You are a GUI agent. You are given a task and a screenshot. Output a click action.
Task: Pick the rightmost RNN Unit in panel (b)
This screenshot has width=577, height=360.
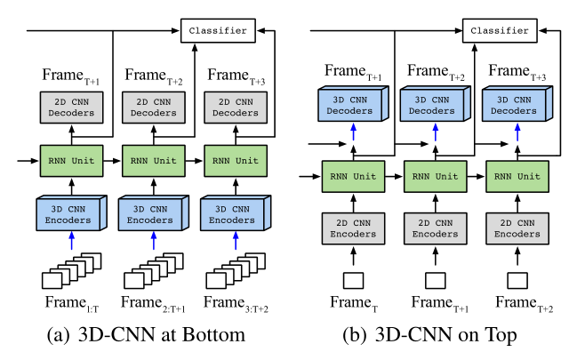point(516,174)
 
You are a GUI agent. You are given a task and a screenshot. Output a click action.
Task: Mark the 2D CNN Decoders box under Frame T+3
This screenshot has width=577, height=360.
point(233,107)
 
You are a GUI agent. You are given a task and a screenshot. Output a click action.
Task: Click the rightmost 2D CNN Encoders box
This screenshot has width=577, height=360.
point(516,228)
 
